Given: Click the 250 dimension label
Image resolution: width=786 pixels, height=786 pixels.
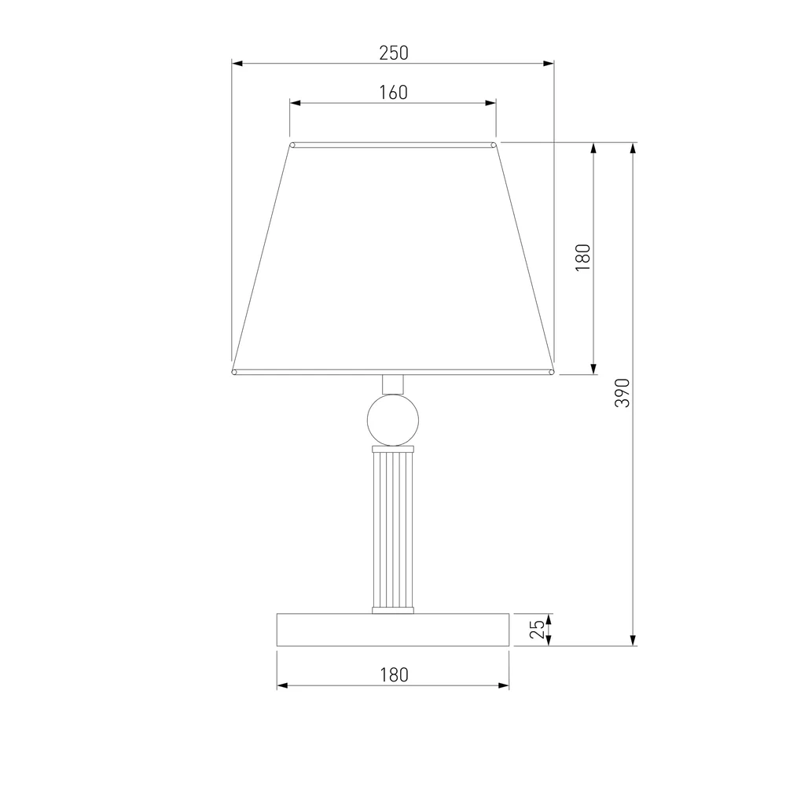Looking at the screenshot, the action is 394,53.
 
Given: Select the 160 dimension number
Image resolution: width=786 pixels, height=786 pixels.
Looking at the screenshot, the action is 394,93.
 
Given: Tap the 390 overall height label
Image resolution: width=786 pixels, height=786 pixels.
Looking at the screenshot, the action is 622,393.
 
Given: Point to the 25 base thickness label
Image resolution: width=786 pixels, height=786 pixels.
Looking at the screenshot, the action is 537,629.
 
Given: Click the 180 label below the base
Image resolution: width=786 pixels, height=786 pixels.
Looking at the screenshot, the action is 394,674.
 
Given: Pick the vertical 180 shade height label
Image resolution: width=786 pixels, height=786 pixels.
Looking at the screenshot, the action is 583,258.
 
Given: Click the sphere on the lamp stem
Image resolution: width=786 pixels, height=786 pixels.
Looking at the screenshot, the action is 393,420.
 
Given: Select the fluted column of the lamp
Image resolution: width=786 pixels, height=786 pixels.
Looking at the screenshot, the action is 393,529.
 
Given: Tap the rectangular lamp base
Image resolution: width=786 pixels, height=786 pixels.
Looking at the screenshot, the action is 393,630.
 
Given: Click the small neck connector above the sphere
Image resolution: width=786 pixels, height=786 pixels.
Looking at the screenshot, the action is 393,384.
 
